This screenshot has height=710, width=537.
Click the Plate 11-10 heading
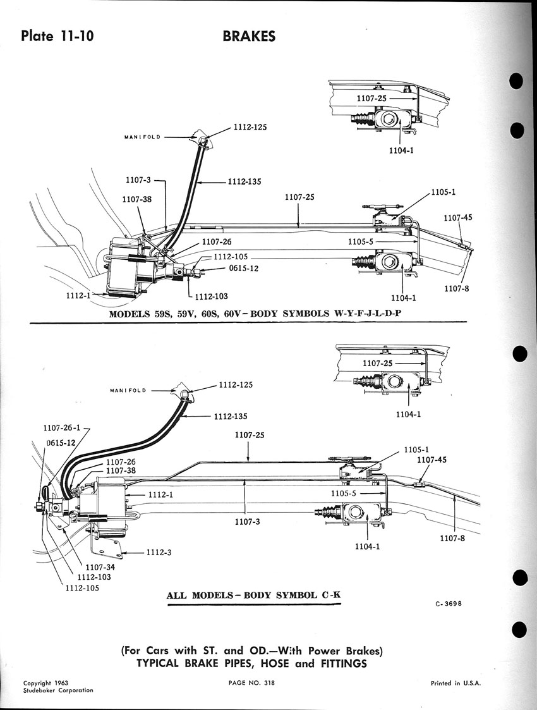pyautogui.click(x=57, y=35)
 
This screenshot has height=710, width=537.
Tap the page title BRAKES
pyautogui.click(x=249, y=36)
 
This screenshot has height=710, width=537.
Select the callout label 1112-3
pyautogui.click(x=159, y=552)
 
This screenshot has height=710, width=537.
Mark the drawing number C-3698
pyautogui.click(x=449, y=603)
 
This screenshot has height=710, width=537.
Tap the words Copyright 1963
pyautogui.click(x=45, y=683)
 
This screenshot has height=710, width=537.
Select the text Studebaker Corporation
pyautogui.click(x=58, y=690)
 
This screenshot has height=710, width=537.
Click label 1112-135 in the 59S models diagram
pyautogui.click(x=245, y=181)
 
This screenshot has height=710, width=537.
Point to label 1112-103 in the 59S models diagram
pyautogui.click(x=212, y=297)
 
